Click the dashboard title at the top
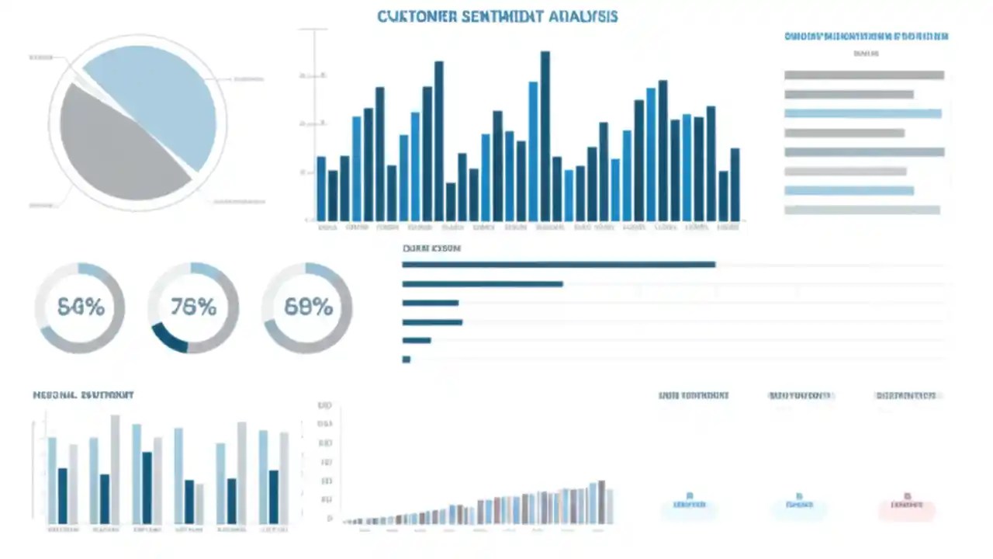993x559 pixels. [x=497, y=16]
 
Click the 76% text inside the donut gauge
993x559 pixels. [x=193, y=307]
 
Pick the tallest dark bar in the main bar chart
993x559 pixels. [x=545, y=136]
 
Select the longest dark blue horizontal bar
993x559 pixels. [x=559, y=265]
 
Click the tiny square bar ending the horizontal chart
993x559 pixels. [x=406, y=359]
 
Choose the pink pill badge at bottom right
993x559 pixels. [x=907, y=509]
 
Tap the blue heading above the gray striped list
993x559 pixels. [x=866, y=36]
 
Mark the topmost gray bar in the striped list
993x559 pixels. [x=864, y=75]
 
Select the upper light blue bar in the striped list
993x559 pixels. [x=863, y=113]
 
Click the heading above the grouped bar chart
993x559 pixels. [x=84, y=395]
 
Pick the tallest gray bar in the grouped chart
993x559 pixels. [x=116, y=469]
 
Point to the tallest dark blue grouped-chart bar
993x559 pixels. [x=147, y=487]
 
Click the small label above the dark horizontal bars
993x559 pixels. [x=431, y=249]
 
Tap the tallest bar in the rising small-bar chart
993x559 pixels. [x=601, y=502]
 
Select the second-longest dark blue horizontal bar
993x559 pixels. [x=483, y=284]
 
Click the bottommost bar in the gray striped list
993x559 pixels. [x=862, y=210]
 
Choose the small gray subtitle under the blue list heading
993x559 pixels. [x=866, y=54]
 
